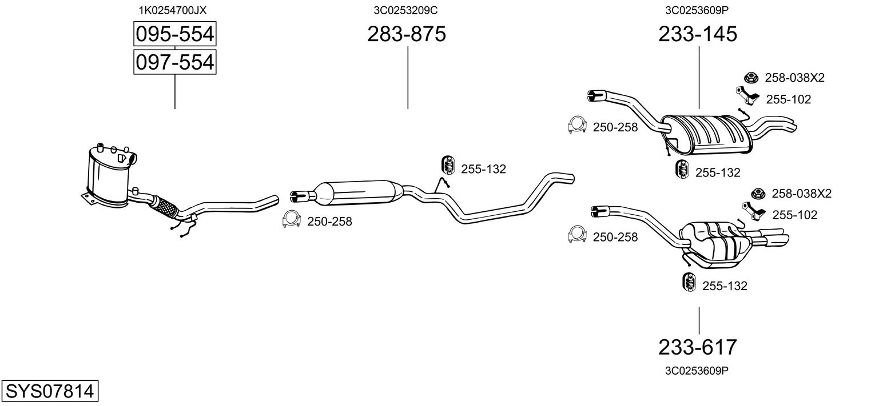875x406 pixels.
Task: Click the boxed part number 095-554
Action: pyautogui.click(x=174, y=34)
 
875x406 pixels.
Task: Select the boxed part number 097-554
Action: pyautogui.click(x=174, y=62)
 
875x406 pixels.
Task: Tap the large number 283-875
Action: pyautogui.click(x=407, y=34)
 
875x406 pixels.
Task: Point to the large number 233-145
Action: pyautogui.click(x=698, y=34)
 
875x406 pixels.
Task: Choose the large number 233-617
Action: pyautogui.click(x=698, y=347)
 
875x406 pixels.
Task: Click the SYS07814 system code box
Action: pyautogui.click(x=49, y=391)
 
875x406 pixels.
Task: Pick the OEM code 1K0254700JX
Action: pyautogui.click(x=173, y=10)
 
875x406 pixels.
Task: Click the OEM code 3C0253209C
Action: pyautogui.click(x=406, y=10)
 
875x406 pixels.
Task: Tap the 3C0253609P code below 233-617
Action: pyautogui.click(x=697, y=371)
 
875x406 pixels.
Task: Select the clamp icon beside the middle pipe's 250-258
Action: pyautogui.click(x=292, y=220)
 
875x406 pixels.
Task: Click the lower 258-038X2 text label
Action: pyautogui.click(x=801, y=194)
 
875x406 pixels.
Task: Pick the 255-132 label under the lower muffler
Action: pyautogui.click(x=725, y=286)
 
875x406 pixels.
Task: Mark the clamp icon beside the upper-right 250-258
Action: pyautogui.click(x=578, y=126)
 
